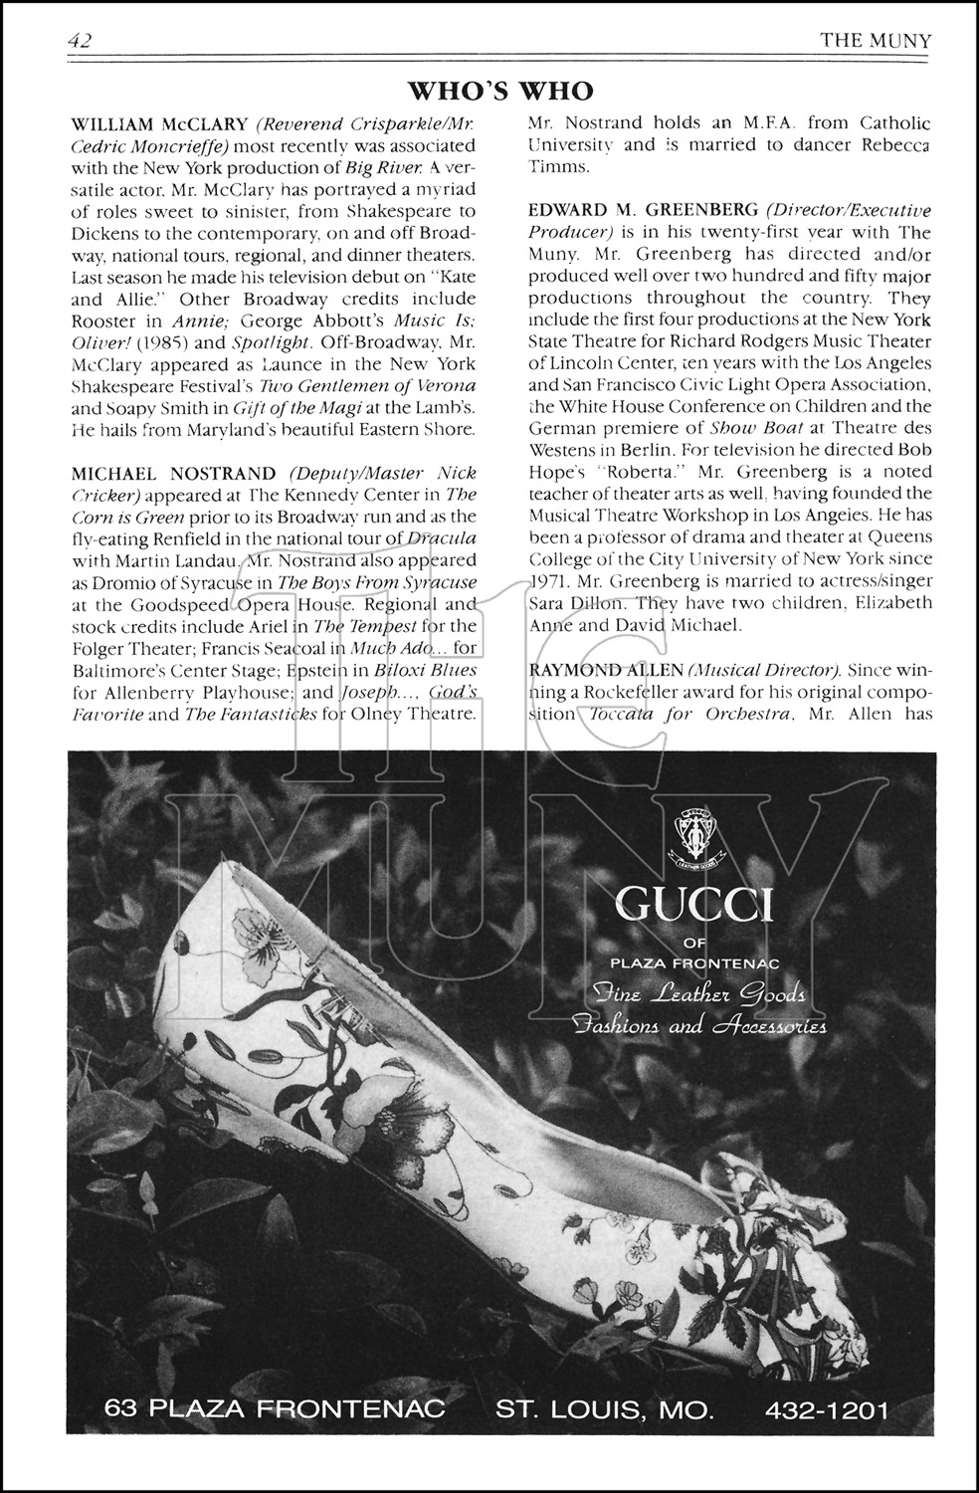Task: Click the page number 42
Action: pyautogui.click(x=81, y=41)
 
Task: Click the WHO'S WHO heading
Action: pyautogui.click(x=500, y=92)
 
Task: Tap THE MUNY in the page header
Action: pyautogui.click(x=876, y=41)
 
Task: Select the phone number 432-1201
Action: pyautogui.click(x=827, y=1410)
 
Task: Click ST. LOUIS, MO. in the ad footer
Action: pyautogui.click(x=605, y=1410)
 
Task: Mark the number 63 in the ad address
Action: pyautogui.click(x=123, y=1410)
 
